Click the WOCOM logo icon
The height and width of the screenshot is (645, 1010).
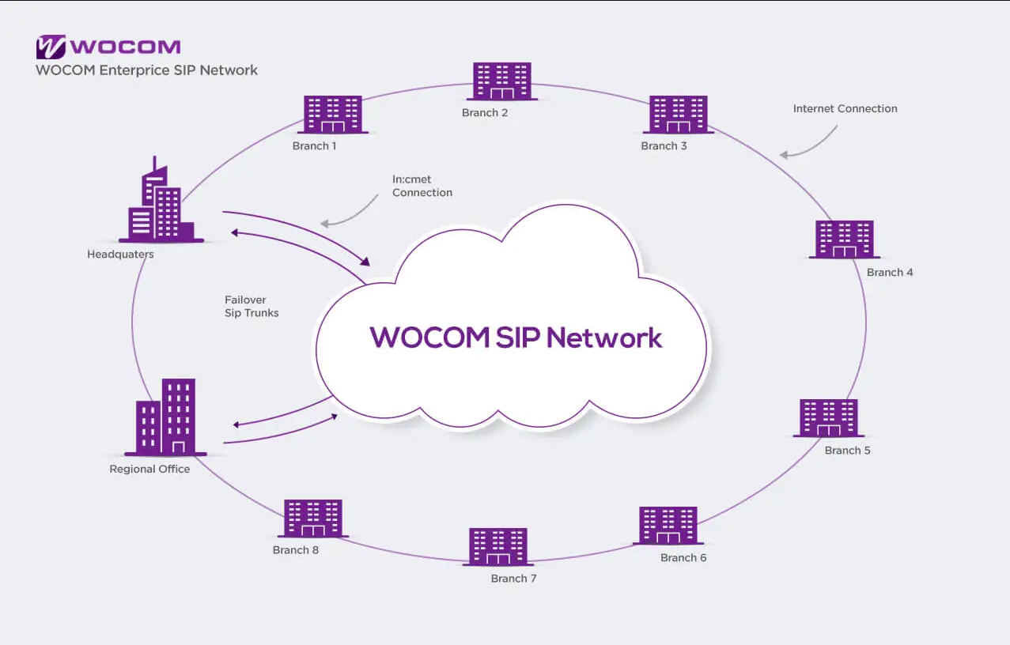click(x=50, y=47)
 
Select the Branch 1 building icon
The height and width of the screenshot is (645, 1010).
click(x=333, y=115)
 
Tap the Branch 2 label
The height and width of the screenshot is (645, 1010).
click(x=485, y=112)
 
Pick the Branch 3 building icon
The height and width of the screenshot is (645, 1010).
click(x=678, y=115)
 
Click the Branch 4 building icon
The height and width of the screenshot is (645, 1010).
click(x=845, y=240)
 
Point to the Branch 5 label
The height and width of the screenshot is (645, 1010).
click(x=847, y=451)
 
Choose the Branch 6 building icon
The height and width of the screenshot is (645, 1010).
click(x=668, y=526)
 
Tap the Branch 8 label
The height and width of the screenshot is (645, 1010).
click(x=296, y=550)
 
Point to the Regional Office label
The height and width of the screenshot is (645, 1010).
click(x=149, y=469)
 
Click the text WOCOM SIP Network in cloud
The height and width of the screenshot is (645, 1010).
click(x=516, y=338)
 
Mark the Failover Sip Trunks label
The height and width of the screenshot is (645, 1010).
click(x=252, y=306)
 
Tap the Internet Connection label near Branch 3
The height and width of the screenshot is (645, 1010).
click(x=845, y=109)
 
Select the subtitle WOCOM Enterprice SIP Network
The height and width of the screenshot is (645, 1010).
click(x=146, y=70)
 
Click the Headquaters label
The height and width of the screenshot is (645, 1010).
click(x=120, y=255)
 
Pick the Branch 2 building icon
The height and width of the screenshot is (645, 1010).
click(x=502, y=81)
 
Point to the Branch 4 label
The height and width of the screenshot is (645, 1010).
click(x=890, y=273)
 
